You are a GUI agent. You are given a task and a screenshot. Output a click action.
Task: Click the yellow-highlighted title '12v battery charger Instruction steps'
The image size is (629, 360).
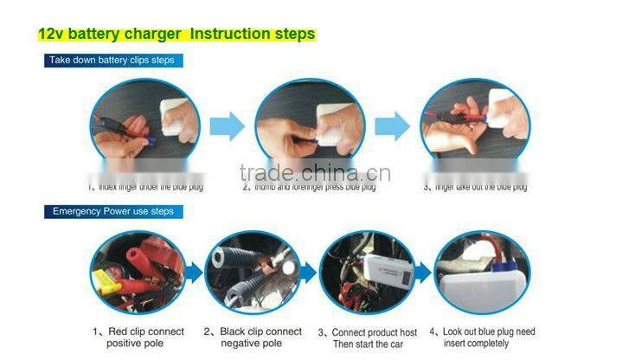tap(177, 35)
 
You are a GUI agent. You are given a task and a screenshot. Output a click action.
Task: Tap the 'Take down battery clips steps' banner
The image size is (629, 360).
tap(112, 61)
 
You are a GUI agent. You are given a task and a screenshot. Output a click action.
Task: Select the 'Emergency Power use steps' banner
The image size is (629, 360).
tap(112, 211)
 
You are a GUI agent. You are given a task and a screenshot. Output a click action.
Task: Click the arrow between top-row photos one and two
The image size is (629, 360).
tap(227, 126)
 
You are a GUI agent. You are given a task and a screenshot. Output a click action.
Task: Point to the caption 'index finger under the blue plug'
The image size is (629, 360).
tap(144, 186)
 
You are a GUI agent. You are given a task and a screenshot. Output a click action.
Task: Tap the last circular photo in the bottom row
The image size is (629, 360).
tap(481, 272)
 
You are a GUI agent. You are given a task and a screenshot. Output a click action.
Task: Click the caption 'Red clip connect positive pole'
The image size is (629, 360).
tap(138, 337)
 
